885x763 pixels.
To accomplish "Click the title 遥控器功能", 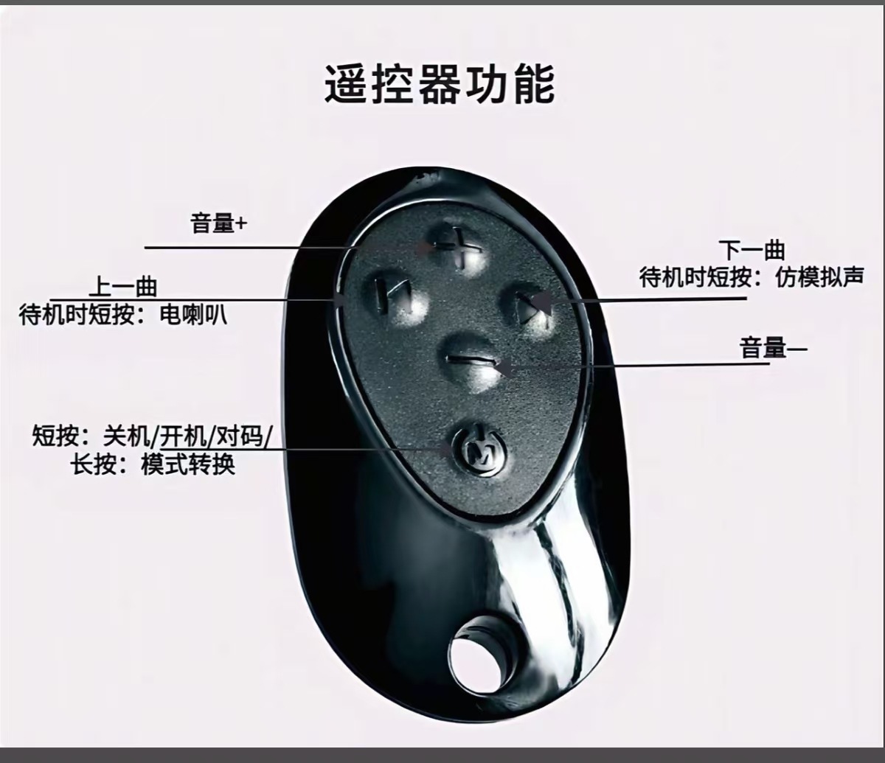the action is coord(440,85).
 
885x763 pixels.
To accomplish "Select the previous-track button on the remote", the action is coord(397,299).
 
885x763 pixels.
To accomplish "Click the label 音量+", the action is coord(218,224).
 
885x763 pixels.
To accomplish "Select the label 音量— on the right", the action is coord(773,348).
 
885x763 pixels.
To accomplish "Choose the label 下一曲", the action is coord(752,250).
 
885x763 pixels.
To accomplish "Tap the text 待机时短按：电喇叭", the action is coord(123,315).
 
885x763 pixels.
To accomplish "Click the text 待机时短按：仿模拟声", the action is coord(751,277).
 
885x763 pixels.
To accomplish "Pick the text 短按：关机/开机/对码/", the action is coord(151,437).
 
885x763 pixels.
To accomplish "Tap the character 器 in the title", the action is coord(440,85).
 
